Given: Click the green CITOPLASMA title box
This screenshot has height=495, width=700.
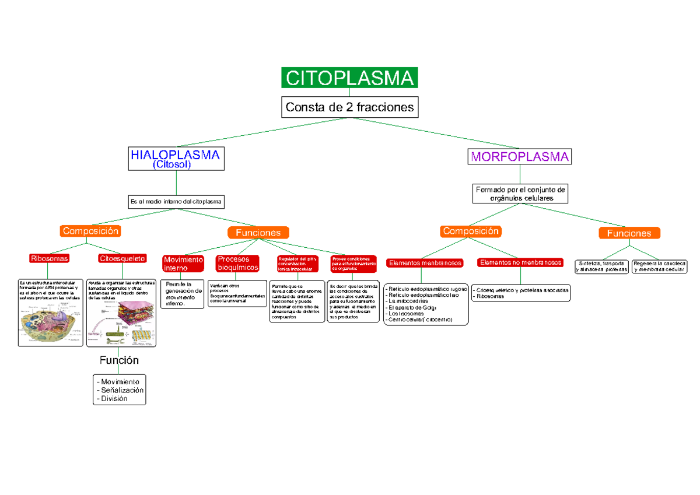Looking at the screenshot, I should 349,78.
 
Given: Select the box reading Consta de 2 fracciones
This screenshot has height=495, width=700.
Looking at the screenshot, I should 349,107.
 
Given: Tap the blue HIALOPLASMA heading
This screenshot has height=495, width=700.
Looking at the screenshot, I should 176,155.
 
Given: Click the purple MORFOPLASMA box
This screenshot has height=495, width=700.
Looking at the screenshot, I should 520,157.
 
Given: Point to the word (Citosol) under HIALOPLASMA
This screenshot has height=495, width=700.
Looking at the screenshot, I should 171,165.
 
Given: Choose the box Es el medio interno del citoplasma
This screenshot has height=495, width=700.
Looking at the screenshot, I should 176,202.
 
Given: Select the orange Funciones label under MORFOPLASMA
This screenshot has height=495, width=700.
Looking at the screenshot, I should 629,233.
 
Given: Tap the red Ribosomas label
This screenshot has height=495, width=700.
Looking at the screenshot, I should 50,258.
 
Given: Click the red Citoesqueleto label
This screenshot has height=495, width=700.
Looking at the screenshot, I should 123,258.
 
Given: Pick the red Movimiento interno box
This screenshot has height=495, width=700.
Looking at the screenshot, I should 183,264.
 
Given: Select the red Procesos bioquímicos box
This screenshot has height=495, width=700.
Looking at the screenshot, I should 237,263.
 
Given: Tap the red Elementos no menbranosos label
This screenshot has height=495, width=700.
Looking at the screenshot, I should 520,262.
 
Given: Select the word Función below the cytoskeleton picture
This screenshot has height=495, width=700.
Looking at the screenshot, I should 119,360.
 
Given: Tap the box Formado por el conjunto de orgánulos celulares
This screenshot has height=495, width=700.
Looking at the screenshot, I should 520,194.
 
